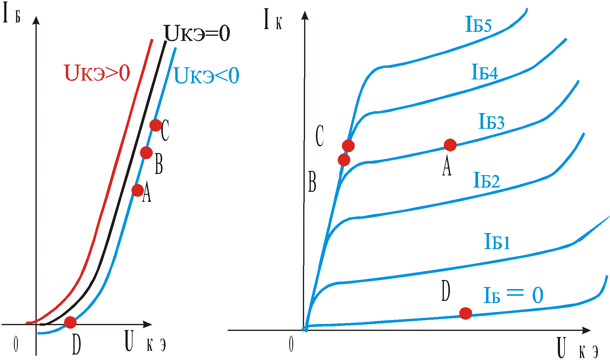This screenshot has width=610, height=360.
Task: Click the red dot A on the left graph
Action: pos(137,190)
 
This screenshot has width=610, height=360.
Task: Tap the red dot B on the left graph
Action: pos(146,152)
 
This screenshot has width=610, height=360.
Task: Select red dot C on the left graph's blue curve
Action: pos(156,125)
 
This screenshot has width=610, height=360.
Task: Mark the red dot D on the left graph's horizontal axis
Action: pos(70,322)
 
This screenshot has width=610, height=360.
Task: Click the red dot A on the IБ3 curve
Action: pos(450,145)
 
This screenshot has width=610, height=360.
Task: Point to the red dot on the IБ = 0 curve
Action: pos(465,313)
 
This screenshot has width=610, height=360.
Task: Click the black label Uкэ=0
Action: pos(197,34)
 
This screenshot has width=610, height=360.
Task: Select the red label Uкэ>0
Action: pos(97,73)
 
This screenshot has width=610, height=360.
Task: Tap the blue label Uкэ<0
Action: pos(206,76)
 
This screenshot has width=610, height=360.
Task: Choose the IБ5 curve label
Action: pos(478,25)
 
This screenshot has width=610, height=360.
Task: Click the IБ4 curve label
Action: pos(484,72)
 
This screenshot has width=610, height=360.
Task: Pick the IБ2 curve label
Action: pos(487,180)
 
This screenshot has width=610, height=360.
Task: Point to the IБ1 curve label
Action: pos(497,242)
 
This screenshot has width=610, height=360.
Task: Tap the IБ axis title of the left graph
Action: pos(11,14)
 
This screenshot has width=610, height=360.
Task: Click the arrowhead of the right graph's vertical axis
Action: pos(305,15)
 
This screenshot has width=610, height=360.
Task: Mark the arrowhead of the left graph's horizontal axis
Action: pos(148,325)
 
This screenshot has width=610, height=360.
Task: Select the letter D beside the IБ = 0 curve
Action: pos(445,291)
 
